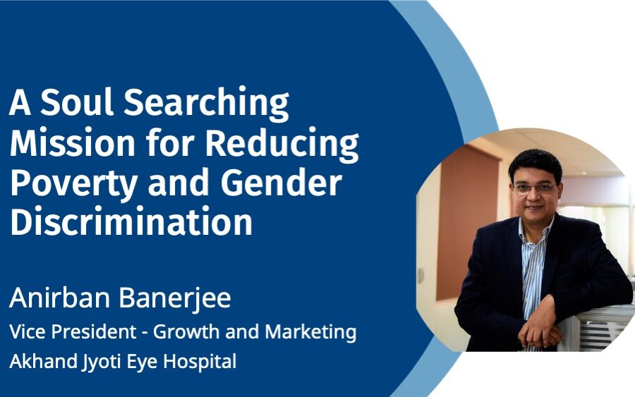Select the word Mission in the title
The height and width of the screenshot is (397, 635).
pos(73,142)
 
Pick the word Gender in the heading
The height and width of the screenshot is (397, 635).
pos(282,182)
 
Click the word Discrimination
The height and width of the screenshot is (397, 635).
pos(131,221)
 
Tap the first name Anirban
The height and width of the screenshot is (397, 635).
pos(59,298)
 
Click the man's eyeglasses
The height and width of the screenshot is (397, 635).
pos(534,188)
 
